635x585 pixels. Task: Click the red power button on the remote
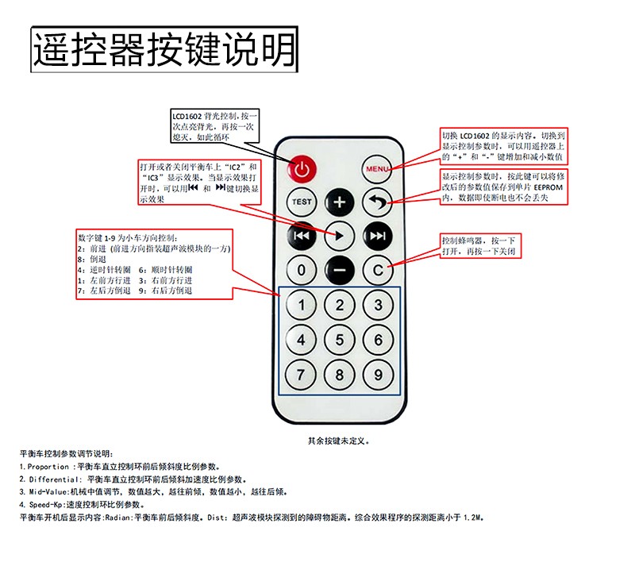pyautogui.click(x=302, y=169)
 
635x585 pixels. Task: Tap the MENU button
pyautogui.click(x=377, y=169)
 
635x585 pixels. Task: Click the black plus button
pyautogui.click(x=340, y=202)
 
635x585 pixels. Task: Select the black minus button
pyautogui.click(x=340, y=270)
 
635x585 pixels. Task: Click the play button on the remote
pyautogui.click(x=340, y=236)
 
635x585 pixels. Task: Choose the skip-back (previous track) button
pyautogui.click(x=302, y=236)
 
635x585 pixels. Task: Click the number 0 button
pyautogui.click(x=302, y=270)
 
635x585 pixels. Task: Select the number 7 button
pyautogui.click(x=301, y=375)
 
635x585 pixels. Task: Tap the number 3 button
pyautogui.click(x=378, y=305)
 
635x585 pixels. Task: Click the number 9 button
pyautogui.click(x=378, y=375)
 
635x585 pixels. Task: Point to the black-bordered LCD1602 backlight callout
pyautogui.click(x=214, y=126)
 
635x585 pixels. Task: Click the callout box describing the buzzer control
pyautogui.click(x=480, y=246)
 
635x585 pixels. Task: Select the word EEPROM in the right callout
pyautogui.click(x=548, y=187)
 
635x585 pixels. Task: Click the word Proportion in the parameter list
pyautogui.click(x=48, y=467)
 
